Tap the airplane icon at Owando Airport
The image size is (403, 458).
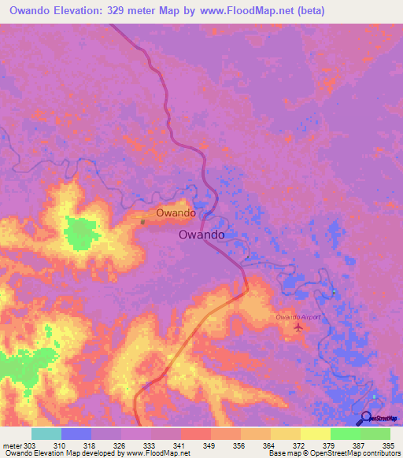point(298,327)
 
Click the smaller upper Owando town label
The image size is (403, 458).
point(176,213)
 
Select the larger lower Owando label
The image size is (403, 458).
point(202,235)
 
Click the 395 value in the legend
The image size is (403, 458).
point(389,445)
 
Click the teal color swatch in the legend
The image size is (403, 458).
point(46,434)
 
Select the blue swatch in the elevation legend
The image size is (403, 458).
point(76,434)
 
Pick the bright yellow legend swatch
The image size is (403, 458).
point(316,434)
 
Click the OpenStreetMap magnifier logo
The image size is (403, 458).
point(367,419)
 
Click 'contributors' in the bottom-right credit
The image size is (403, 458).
point(380,453)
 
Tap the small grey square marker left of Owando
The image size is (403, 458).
point(142,222)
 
